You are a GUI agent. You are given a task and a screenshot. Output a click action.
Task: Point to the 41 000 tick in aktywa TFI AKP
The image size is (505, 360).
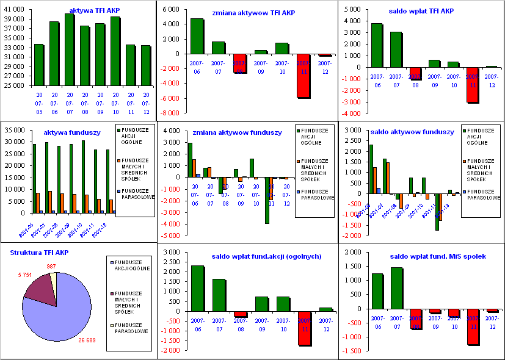click(15, 9)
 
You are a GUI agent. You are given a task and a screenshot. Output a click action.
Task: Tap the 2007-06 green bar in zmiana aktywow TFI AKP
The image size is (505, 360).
click(197, 36)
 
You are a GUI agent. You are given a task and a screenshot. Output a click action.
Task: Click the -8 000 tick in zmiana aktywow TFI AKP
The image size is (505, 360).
click(171, 113)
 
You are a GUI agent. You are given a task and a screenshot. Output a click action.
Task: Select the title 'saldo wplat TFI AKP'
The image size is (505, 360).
click(421, 11)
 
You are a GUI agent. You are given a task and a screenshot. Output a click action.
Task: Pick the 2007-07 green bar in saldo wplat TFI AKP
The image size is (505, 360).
click(396, 56)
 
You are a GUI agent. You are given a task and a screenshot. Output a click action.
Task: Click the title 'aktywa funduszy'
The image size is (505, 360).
click(68, 132)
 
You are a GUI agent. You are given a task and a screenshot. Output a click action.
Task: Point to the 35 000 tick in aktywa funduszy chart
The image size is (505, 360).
click(15, 130)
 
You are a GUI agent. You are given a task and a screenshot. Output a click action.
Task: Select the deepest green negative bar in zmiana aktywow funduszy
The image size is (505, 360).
click(267, 201)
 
